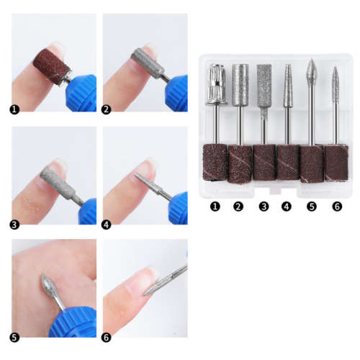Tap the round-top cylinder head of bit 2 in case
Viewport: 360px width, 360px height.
coord(239,85)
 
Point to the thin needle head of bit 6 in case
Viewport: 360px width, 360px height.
coord(336,84)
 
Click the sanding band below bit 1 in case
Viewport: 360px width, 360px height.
coord(215,161)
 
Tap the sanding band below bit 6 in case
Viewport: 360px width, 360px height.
coord(336,161)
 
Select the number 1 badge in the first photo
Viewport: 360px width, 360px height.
coord(15,109)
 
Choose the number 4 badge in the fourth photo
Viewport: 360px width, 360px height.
coord(108,223)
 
